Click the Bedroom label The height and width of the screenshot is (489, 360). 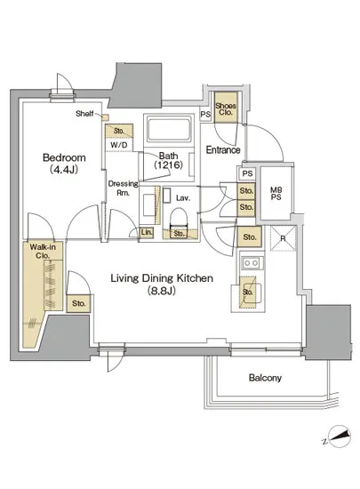(64, 157)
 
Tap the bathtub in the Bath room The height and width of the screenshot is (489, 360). (169, 129)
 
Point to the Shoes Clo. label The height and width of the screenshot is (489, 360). (226, 108)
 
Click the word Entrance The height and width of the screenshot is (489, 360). (223, 150)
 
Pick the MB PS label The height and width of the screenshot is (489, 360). (276, 193)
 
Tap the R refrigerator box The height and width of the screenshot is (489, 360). (283, 238)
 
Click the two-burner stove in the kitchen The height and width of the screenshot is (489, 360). (251, 263)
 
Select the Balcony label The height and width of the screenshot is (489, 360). (265, 378)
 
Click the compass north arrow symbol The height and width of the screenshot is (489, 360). (337, 437)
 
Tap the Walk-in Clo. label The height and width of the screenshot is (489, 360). (43, 252)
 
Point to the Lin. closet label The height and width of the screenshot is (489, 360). (147, 232)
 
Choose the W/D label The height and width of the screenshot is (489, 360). (119, 145)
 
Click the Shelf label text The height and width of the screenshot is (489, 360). (84, 114)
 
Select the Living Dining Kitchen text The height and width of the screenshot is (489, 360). (162, 278)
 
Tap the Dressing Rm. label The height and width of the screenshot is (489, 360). (123, 188)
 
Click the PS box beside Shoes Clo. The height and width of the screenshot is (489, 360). (205, 115)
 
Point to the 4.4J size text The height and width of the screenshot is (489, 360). (64, 169)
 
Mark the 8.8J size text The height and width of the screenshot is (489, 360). (162, 291)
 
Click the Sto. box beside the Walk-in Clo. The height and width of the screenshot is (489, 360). (79, 303)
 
